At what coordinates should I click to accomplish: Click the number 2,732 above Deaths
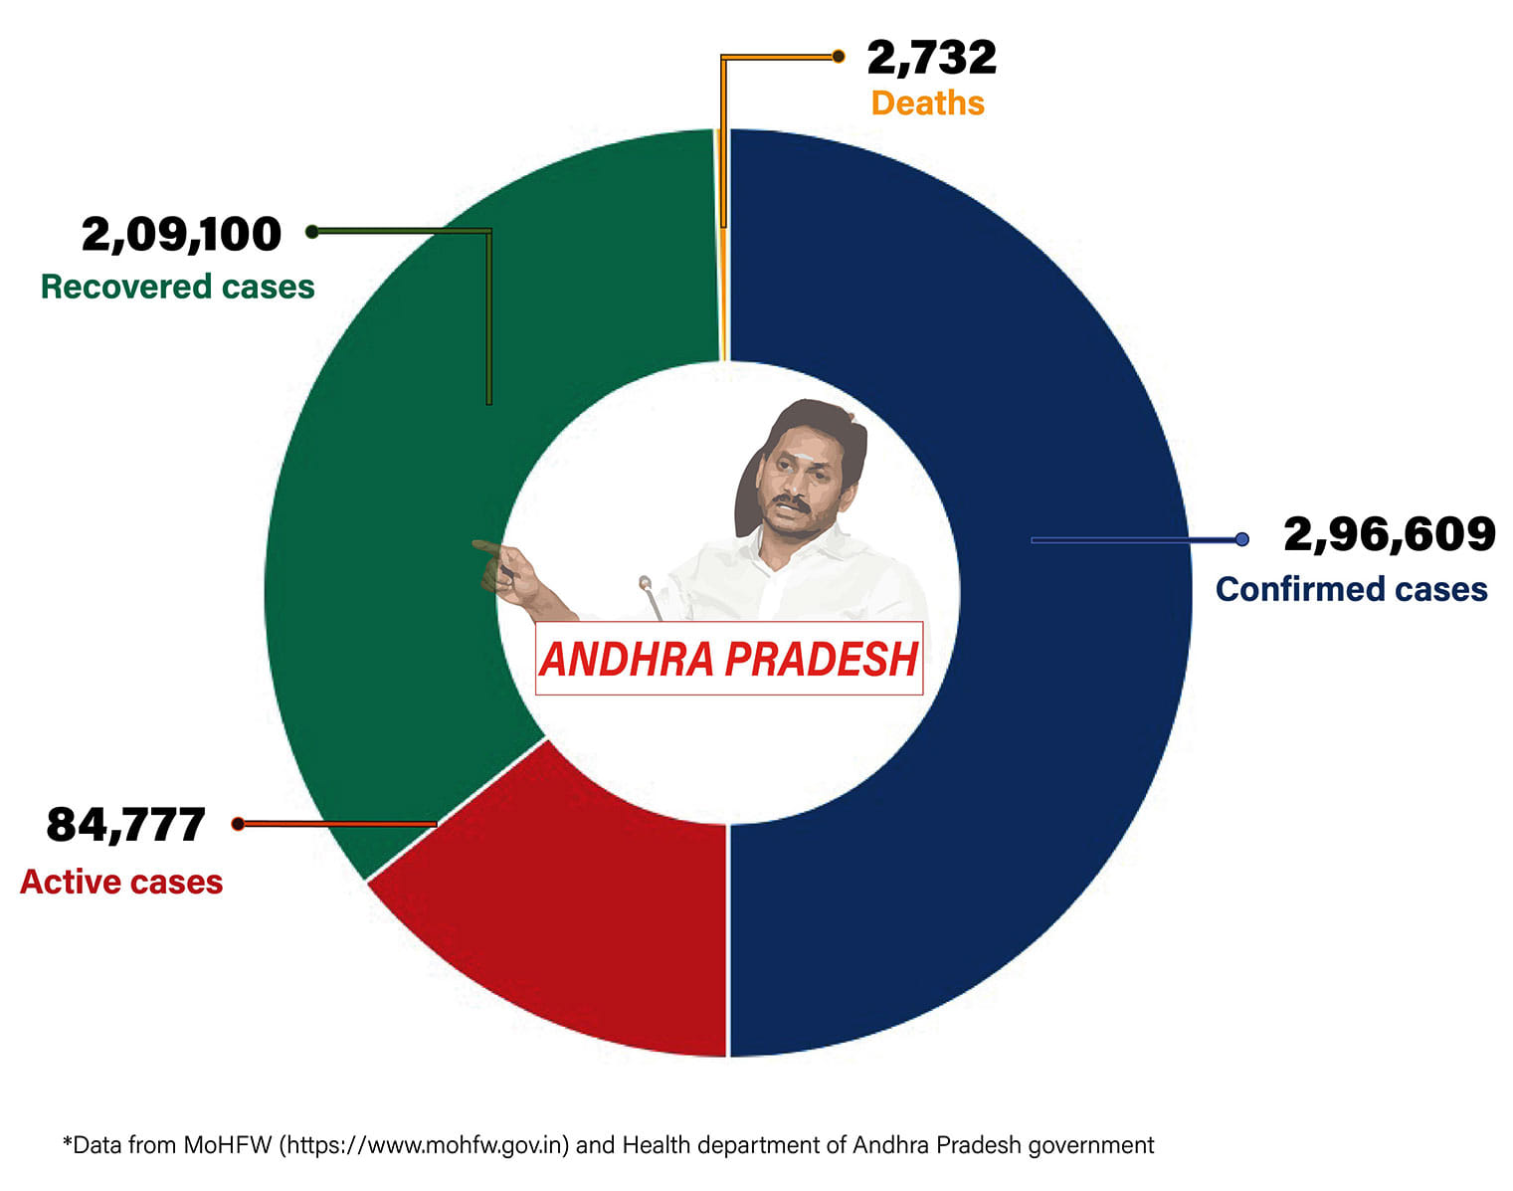(931, 58)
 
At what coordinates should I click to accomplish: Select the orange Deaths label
(927, 103)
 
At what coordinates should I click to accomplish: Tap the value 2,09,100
(181, 235)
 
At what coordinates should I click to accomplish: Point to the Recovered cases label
(177, 287)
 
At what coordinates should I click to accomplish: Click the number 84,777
(125, 825)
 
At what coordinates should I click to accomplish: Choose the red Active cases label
(121, 882)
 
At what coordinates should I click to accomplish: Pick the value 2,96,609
(1389, 534)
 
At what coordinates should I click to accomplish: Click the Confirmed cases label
(1351, 589)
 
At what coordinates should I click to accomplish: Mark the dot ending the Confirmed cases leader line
(1241, 539)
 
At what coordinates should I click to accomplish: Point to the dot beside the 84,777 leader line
(238, 824)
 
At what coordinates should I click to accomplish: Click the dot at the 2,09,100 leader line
(311, 232)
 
